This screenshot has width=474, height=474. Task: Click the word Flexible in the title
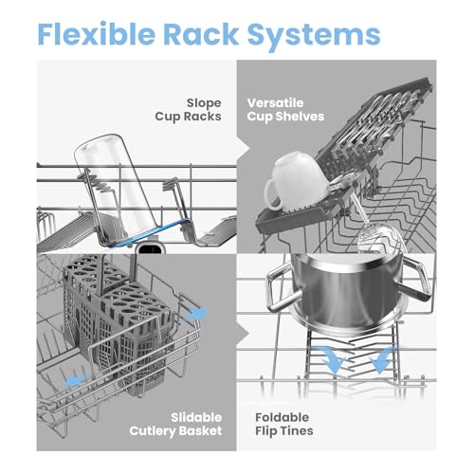(x=97, y=33)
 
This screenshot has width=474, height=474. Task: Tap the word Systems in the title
(x=314, y=36)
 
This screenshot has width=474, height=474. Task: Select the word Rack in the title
(x=201, y=33)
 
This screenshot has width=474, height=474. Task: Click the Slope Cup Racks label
(x=188, y=110)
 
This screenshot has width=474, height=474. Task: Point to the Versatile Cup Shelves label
(x=285, y=110)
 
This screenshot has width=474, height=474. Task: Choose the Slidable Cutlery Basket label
(x=175, y=424)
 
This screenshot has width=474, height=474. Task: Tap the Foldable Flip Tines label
(x=284, y=424)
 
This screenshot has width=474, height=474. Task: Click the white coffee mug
(x=294, y=182)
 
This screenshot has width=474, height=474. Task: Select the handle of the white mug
(x=271, y=194)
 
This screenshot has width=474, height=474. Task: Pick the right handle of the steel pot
(x=415, y=278)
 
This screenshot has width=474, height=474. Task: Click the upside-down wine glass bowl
(x=381, y=239)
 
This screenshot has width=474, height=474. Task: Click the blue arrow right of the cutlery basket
(x=196, y=315)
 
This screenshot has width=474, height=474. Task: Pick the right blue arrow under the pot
(x=384, y=358)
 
